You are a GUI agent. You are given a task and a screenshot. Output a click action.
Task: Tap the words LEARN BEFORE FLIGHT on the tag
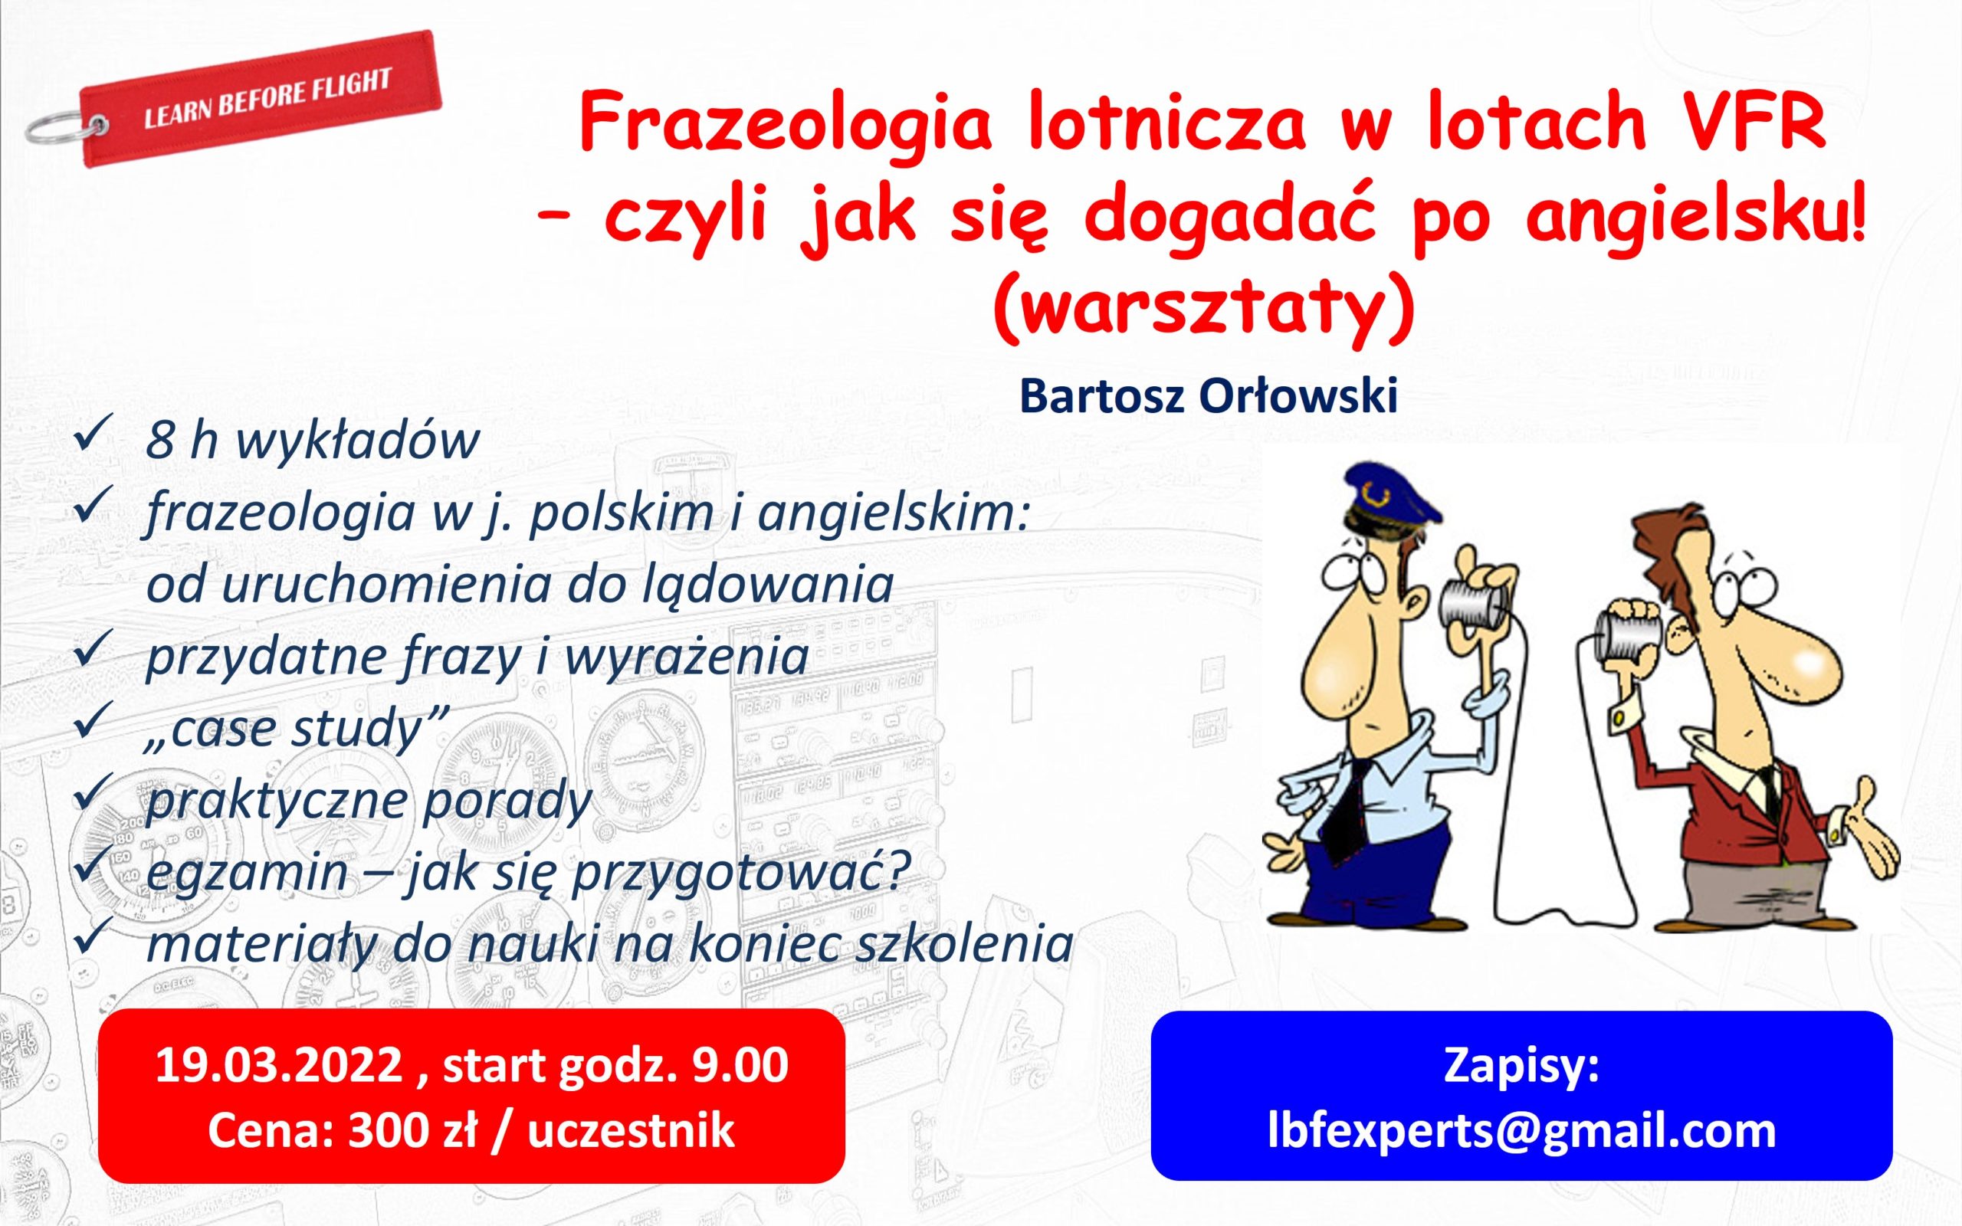[267, 100]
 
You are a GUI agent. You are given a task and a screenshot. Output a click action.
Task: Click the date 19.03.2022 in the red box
[279, 1064]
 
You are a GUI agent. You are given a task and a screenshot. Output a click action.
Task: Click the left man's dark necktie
[1347, 810]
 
